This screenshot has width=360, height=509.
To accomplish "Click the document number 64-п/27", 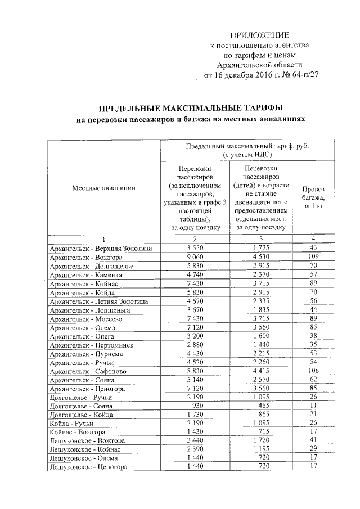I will click(x=302, y=75).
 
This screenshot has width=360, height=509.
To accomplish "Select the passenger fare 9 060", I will click(x=193, y=257).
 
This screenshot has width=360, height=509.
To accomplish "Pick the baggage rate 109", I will click(x=314, y=257).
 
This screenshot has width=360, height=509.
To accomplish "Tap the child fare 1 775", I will click(x=263, y=248).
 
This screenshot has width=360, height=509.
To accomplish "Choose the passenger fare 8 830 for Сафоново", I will click(x=193, y=372).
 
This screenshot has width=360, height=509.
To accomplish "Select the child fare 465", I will click(x=263, y=406).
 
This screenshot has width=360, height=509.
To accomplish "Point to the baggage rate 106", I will click(x=314, y=372).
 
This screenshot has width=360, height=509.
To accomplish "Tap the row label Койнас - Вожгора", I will click(x=78, y=431).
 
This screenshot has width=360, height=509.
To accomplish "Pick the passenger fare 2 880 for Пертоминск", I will click(x=193, y=345).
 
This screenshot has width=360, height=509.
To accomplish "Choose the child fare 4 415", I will click(x=263, y=372).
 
